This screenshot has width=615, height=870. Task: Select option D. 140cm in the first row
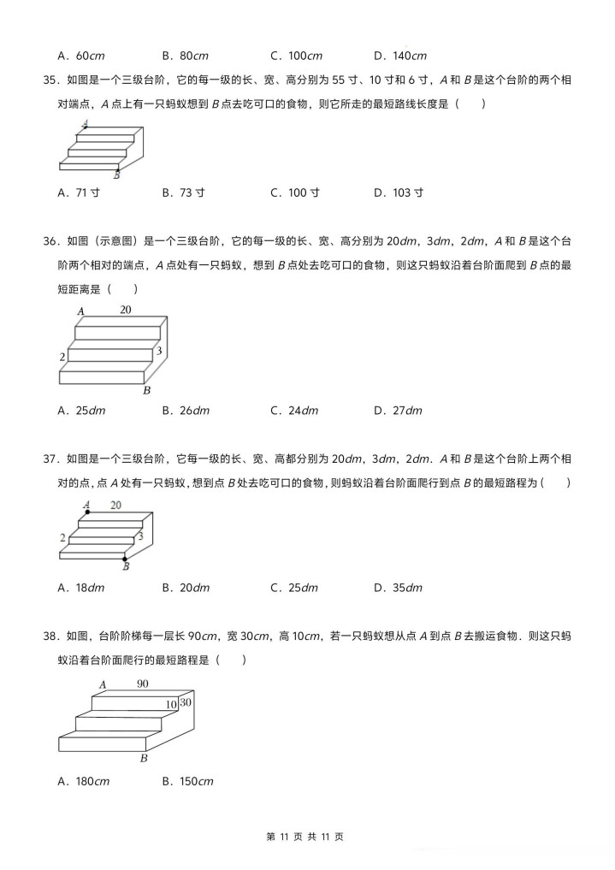[399, 56]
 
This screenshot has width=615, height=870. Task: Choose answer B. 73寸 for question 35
[183, 193]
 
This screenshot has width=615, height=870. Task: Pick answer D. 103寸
[399, 193]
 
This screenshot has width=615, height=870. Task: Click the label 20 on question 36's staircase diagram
[126, 310]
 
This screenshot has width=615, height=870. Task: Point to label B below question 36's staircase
[146, 391]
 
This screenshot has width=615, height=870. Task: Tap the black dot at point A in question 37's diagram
[87, 512]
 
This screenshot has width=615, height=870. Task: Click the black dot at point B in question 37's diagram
[125, 559]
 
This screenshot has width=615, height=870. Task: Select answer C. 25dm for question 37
[293, 588]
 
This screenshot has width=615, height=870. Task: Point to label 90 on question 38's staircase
[142, 684]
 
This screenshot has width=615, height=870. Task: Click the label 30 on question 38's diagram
[186, 702]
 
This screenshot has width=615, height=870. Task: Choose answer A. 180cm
[83, 781]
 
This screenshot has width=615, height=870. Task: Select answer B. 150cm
[187, 781]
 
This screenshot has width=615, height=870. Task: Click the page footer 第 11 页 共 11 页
[307, 837]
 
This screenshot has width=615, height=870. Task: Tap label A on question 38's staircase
[102, 685]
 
